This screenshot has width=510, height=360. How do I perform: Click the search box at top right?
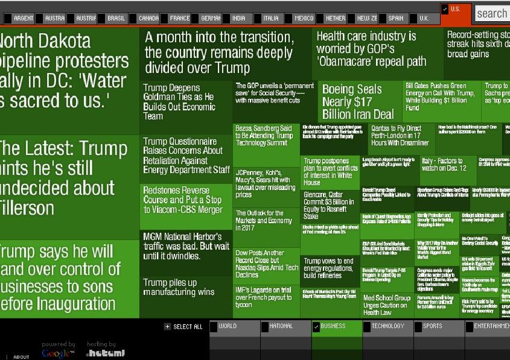(x=492, y=13)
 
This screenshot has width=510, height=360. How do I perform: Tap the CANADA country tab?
(x=148, y=19)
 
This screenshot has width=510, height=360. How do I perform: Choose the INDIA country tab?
(x=238, y=19)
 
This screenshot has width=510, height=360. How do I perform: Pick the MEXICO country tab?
(x=304, y=19)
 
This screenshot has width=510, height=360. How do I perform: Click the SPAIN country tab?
(x=395, y=19)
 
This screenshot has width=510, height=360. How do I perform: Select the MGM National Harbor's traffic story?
(x=186, y=246)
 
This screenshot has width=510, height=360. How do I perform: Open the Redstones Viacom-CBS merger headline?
(x=185, y=200)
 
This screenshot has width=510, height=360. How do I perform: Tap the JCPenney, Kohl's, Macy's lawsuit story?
(x=266, y=183)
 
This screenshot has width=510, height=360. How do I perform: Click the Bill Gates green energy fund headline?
(x=441, y=96)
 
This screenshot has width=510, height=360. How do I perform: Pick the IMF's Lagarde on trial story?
(x=266, y=297)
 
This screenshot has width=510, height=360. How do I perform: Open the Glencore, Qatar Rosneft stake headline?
(x=331, y=206)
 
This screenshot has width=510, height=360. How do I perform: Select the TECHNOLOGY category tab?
(x=387, y=327)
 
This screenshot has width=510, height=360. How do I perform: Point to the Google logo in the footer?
(x=58, y=353)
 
